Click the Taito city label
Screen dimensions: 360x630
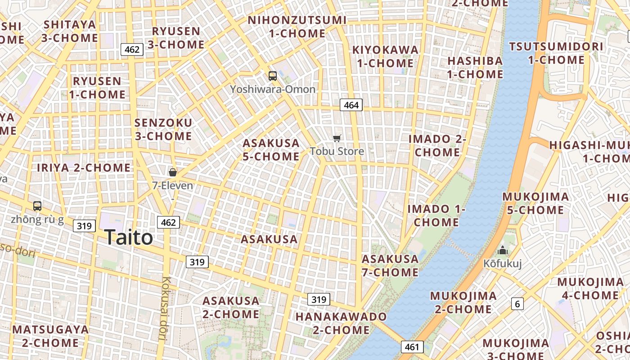click(x=129, y=237)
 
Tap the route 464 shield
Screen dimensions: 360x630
click(x=351, y=105)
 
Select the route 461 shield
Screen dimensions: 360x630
click(x=412, y=347)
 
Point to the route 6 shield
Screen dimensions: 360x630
click(x=517, y=304)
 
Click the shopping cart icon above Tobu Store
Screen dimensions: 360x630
click(x=337, y=138)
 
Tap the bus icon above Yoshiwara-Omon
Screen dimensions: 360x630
click(x=272, y=76)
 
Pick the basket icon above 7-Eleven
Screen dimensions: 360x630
click(x=172, y=172)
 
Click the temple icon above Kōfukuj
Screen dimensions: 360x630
click(x=503, y=251)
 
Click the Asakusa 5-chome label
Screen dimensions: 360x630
click(x=271, y=150)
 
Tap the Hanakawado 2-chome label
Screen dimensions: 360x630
click(x=341, y=323)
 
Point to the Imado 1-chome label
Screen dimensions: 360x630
click(x=436, y=216)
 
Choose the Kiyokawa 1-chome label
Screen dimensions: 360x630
click(x=385, y=56)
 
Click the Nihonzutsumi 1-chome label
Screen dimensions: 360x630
click(x=297, y=27)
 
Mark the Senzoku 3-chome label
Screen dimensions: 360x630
click(x=163, y=129)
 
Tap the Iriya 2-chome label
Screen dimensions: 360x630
click(x=84, y=168)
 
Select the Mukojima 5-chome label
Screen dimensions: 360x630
click(x=535, y=203)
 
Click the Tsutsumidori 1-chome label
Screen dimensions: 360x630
click(x=556, y=53)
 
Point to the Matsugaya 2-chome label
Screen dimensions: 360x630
click(x=50, y=336)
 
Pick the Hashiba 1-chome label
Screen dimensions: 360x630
click(x=475, y=67)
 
